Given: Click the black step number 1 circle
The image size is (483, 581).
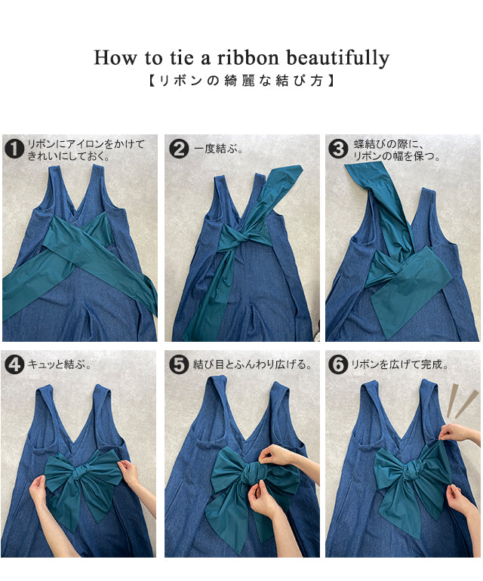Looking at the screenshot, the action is point(14,149).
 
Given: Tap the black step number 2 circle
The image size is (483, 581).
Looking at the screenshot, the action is point(179,149).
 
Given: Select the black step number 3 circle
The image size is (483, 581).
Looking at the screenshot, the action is point(338,149).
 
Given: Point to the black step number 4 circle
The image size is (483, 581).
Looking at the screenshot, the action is point(14,364).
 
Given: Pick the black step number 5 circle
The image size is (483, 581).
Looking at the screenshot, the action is point(179,364).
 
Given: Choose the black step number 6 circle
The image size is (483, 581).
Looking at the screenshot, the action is point(338,364).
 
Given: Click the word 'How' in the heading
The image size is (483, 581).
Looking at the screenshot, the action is point(115,58).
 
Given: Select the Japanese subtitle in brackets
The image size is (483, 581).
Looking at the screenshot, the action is point(241,81).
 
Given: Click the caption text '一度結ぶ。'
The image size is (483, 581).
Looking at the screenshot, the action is point(218,149).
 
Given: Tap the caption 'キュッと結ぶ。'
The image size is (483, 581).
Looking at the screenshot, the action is point(60,364).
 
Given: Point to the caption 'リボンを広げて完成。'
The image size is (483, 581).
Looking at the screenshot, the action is point(399,364).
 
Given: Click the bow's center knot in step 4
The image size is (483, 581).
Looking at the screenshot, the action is point(81,473).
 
